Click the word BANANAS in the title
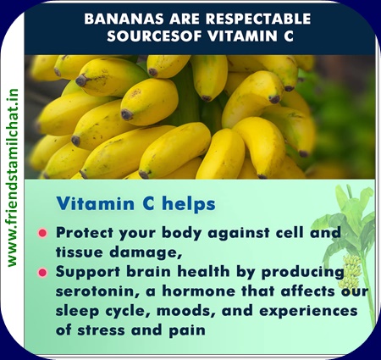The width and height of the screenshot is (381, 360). click(x=124, y=19)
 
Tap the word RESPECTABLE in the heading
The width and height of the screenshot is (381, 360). click(x=258, y=19)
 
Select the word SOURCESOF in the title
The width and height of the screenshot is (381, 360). click(x=154, y=36)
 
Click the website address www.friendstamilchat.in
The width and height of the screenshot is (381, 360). click(x=13, y=178)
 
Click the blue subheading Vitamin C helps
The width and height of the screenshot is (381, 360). click(x=136, y=203)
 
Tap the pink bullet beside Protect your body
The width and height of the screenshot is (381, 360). click(x=42, y=233)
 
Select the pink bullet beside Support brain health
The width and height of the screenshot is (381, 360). click(x=42, y=273)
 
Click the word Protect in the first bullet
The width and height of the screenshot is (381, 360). click(x=85, y=233)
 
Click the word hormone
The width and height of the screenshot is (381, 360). click(x=198, y=291)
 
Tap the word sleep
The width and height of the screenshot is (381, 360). click(x=77, y=312)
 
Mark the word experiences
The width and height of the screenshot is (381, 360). click(x=308, y=312)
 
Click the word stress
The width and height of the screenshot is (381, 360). click(x=101, y=330)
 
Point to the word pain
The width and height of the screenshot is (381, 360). click(x=187, y=330)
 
